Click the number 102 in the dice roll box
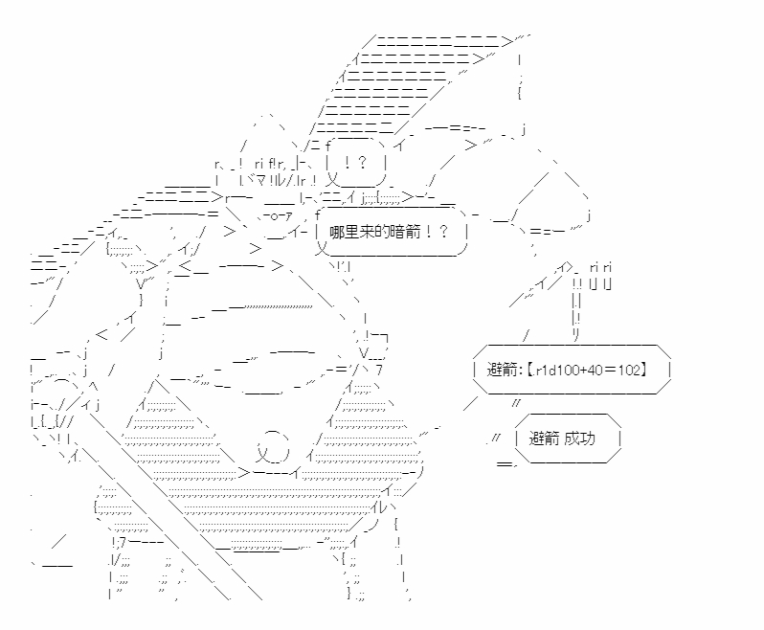[629, 371]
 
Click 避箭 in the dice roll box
[502, 371]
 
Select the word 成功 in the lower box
[580, 439]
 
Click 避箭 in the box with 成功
[544, 439]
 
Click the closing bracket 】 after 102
[644, 371]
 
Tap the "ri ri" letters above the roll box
[600, 267]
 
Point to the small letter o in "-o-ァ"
[274, 216]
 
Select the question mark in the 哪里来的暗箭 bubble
[443, 232]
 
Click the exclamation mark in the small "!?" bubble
[347, 162]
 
